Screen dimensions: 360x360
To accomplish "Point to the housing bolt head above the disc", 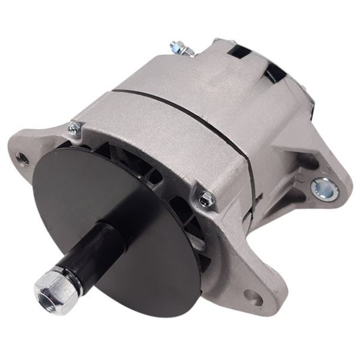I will pos(74,127).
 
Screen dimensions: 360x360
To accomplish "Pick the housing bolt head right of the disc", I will pos(205,199).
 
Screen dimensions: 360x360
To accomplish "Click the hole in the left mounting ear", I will pos(22,158).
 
